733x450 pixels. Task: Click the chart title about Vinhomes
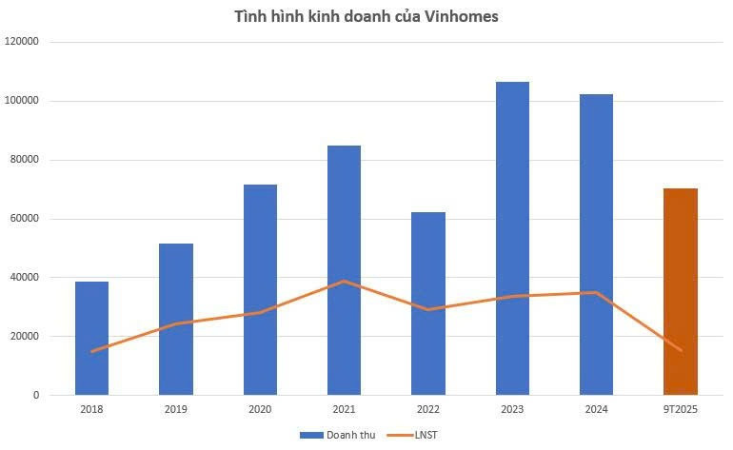point(366,16)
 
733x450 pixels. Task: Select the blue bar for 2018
point(91,338)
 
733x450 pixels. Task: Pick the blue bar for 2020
point(260,290)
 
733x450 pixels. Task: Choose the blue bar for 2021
point(344,270)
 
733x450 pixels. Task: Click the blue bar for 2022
point(428,303)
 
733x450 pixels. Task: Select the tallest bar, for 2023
point(512,238)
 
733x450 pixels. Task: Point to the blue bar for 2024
point(596,245)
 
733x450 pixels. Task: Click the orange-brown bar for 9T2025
point(681,291)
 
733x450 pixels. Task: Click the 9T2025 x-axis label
point(681,410)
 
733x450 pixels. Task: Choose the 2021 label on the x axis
point(344,410)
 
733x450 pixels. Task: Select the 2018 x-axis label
point(91,410)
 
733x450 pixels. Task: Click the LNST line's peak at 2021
point(344,282)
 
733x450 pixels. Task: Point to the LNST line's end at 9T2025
point(681,350)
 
